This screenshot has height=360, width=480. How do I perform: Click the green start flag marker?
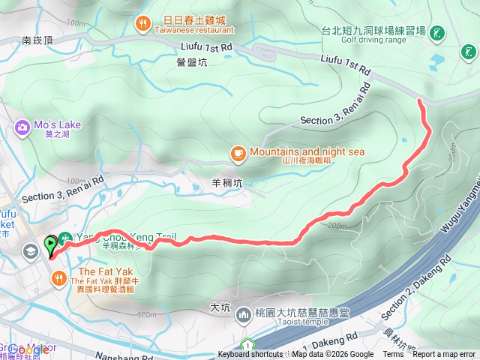pyautogui.click(x=51, y=243)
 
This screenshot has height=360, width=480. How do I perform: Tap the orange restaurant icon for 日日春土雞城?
pyautogui.click(x=142, y=24)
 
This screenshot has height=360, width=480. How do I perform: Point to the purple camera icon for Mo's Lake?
pyautogui.click(x=21, y=127)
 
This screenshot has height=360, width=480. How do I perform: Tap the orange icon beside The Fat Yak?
pyautogui.click(x=58, y=278)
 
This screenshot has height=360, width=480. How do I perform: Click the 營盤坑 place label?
pyautogui.click(x=193, y=63)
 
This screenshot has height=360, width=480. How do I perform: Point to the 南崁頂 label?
pyautogui.click(x=37, y=40)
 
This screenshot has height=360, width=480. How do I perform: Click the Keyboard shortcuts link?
pyautogui.click(x=250, y=355)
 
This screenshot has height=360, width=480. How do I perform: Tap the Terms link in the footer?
pyautogui.click(x=393, y=355)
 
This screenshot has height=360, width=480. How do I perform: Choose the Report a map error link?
pyautogui.click(x=445, y=355)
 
